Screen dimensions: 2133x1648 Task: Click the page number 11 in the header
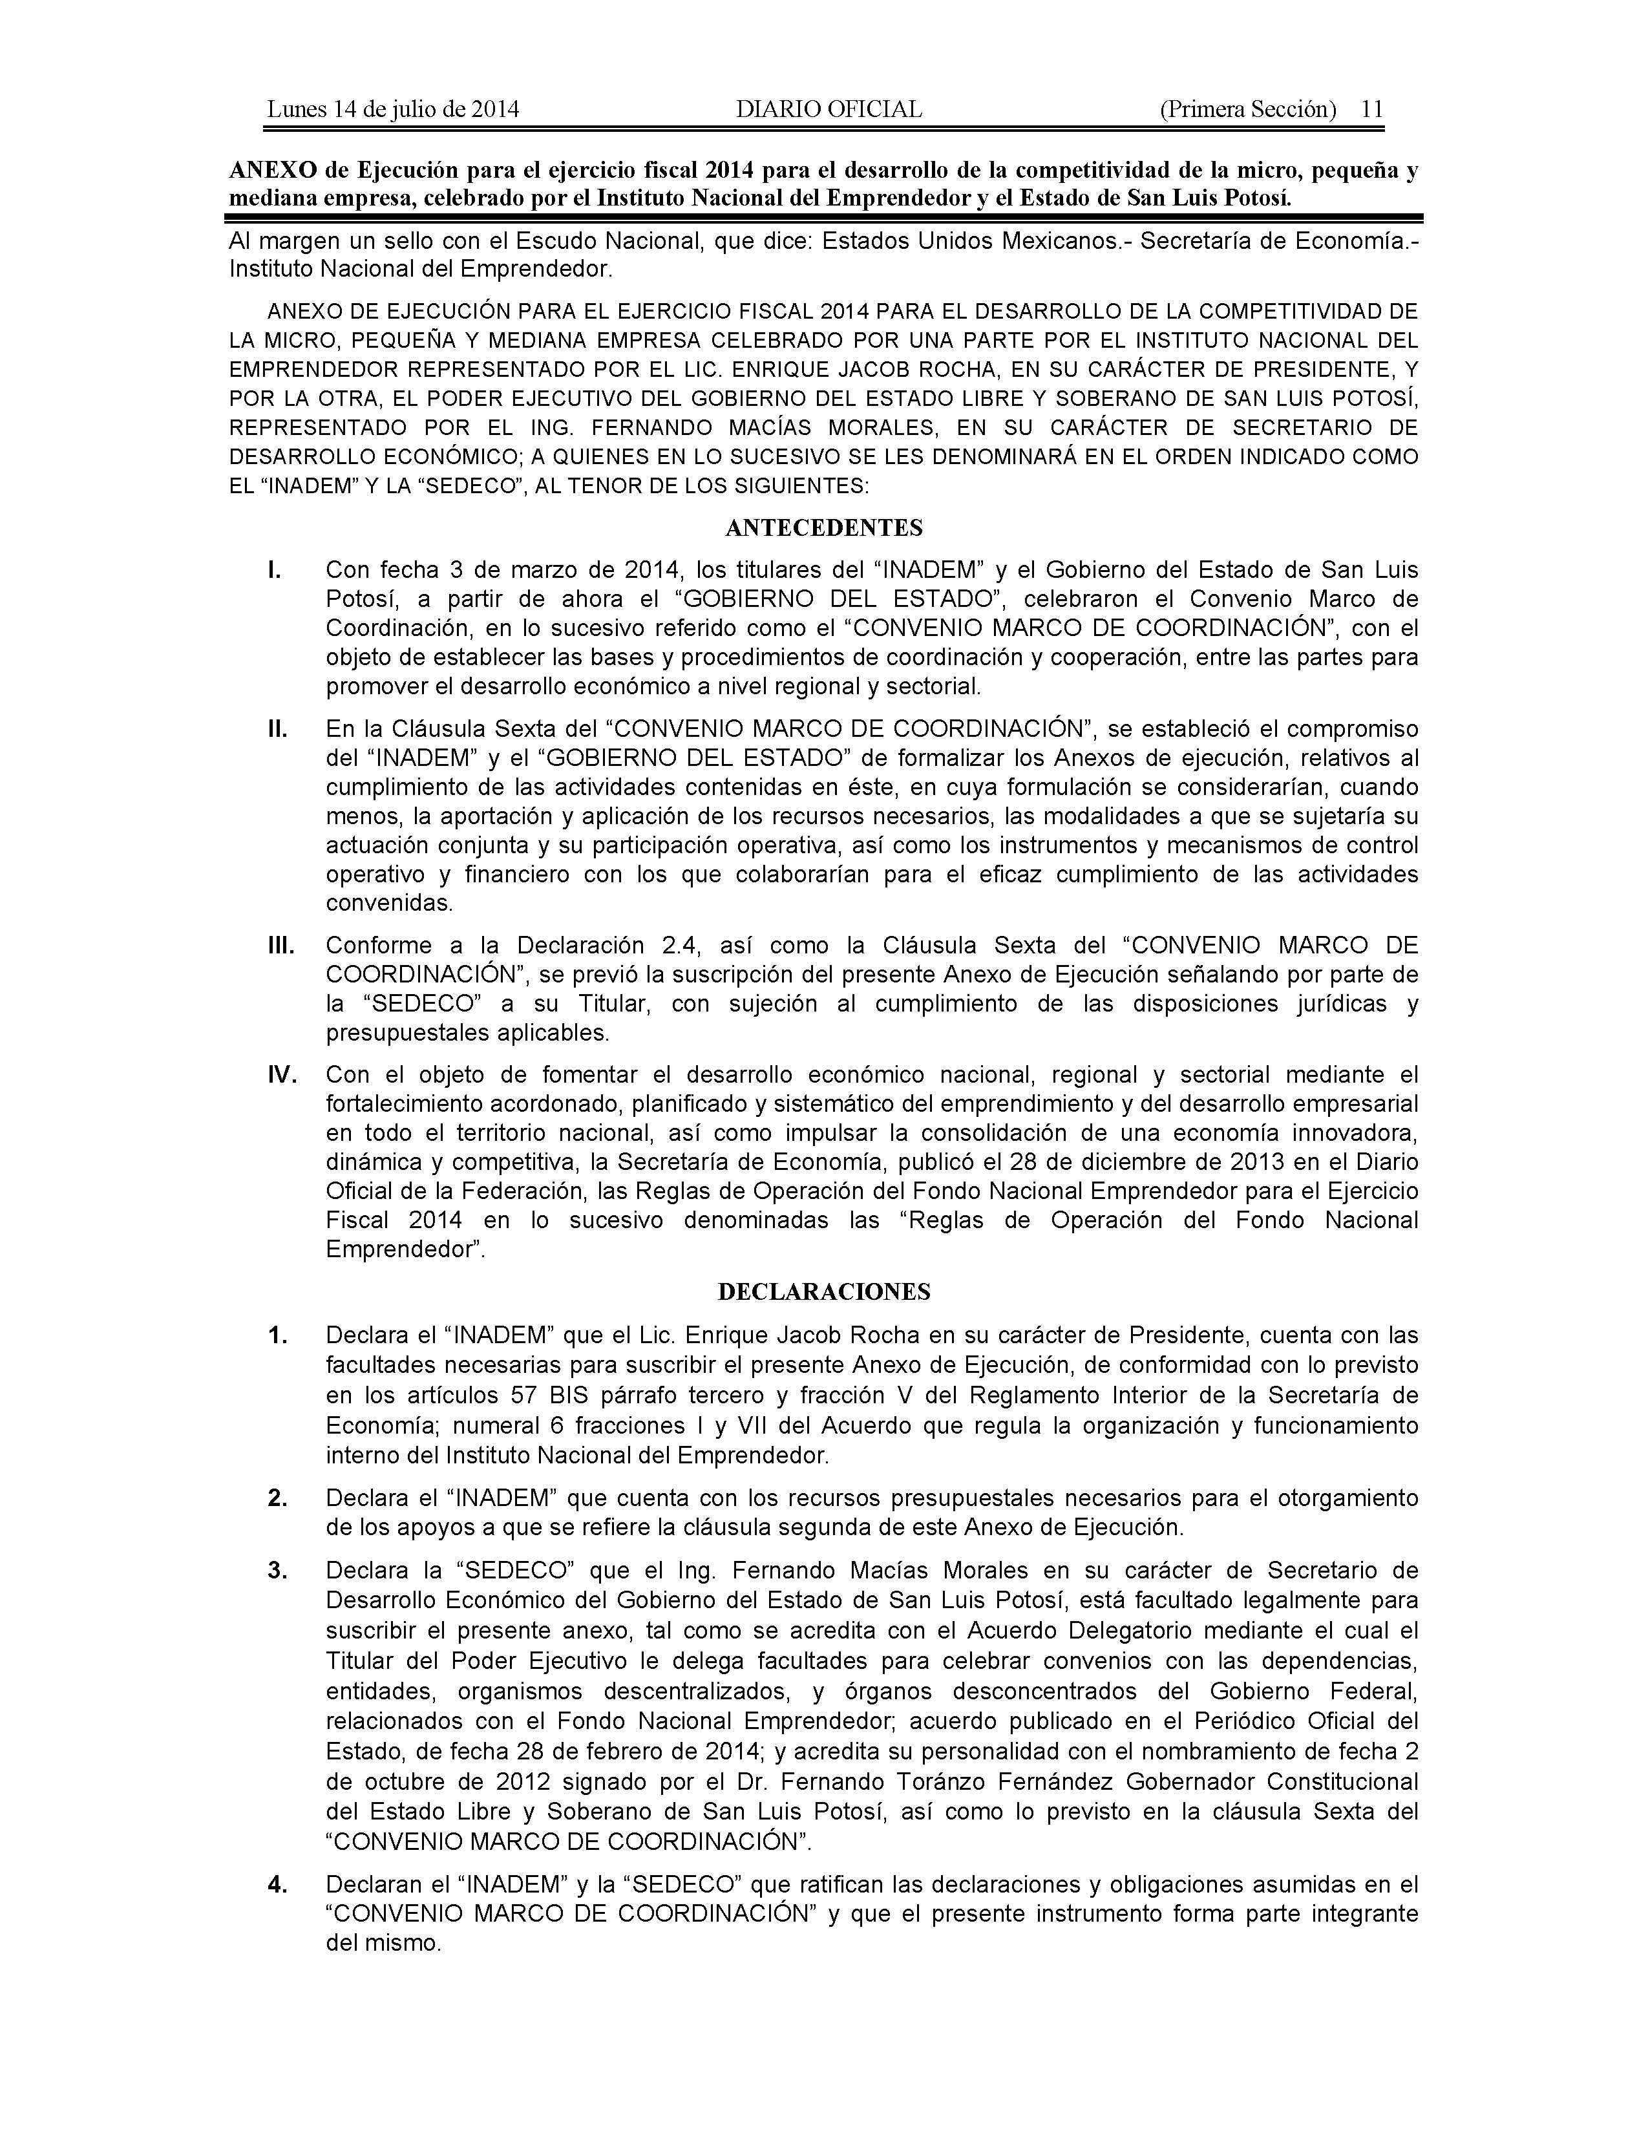pyautogui.click(x=1371, y=109)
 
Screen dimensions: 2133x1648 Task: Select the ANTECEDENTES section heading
pyautogui.click(x=824, y=528)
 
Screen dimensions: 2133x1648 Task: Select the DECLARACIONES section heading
pyautogui.click(x=824, y=1292)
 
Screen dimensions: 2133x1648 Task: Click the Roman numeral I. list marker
pyautogui.click(x=275, y=569)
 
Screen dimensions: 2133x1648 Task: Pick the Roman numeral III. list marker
pyautogui.click(x=280, y=946)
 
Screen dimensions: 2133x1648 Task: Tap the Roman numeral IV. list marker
pyautogui.click(x=282, y=1076)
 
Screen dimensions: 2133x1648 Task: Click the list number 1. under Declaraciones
pyautogui.click(x=277, y=1335)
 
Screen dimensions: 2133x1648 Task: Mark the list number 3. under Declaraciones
pyautogui.click(x=277, y=1571)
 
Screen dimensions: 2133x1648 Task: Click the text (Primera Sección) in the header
pyautogui.click(x=1247, y=109)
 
